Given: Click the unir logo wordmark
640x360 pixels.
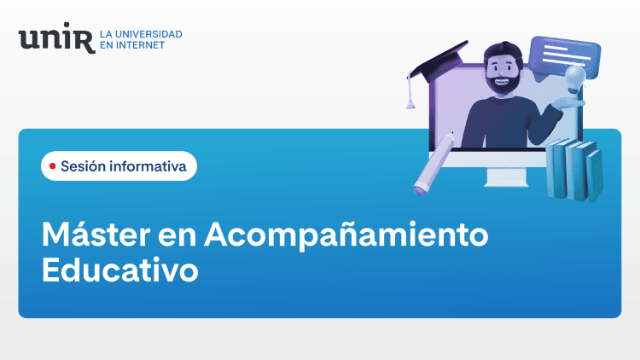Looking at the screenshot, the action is pos(56,38).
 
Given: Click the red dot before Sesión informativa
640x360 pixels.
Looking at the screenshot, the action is pos(52,166).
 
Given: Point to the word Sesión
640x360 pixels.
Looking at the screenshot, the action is pos(84,165).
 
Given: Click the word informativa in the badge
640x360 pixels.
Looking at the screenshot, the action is pos(148,166).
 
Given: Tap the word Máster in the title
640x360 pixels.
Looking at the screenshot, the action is pos(96,234).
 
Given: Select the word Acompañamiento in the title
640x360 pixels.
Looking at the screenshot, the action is pos(346,236).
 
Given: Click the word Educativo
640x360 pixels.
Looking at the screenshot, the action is pos(120,270).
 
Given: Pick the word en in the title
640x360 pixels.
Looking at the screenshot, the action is pos(177,237).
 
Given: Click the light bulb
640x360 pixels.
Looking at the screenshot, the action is pos(575,79).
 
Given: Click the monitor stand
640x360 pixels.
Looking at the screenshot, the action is pos(506,178).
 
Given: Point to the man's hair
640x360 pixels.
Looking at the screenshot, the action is pos(504,52).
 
